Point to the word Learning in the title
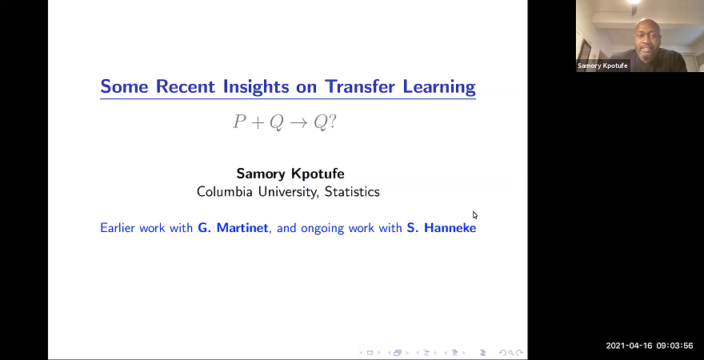tap(438, 86)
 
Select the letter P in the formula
tap(239, 122)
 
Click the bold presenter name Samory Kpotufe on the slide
tap(290, 174)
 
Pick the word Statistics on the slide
tap(350, 192)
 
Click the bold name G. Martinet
tap(233, 228)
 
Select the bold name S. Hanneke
tap(441, 228)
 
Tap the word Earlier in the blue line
tap(121, 228)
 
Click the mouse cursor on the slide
tap(474, 214)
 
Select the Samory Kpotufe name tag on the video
tap(603, 66)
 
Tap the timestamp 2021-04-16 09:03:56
tap(649, 346)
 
